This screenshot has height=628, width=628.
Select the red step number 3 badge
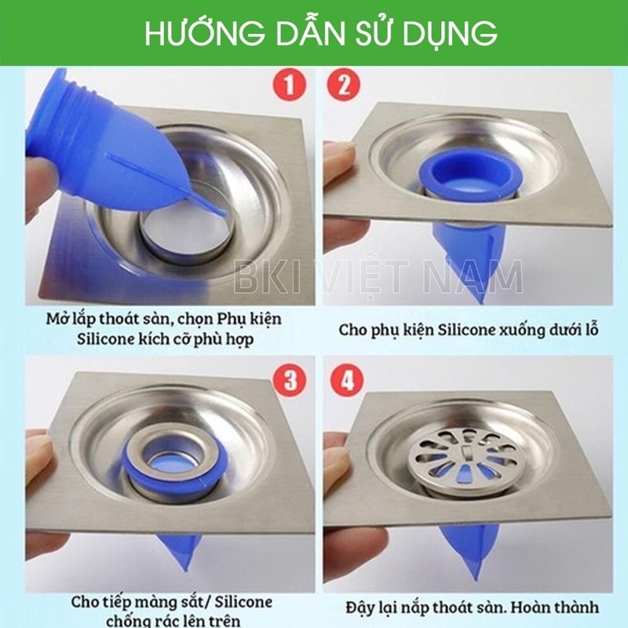[x=288, y=382]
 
